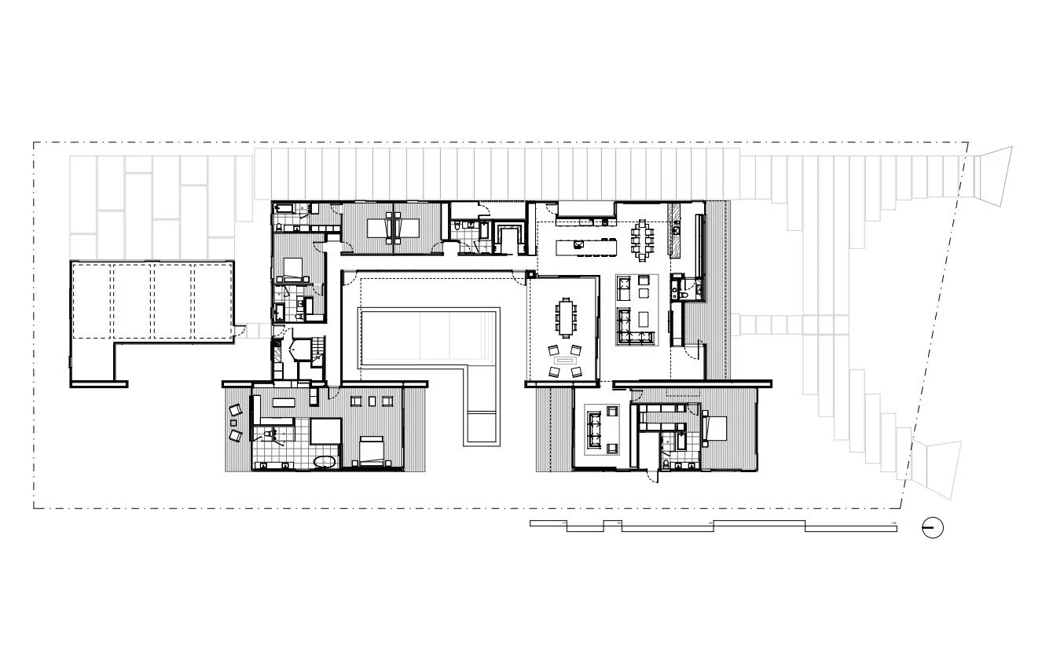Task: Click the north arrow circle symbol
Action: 933,528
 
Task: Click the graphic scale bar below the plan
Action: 712,526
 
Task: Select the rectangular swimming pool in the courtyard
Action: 429,338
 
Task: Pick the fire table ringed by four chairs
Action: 564,362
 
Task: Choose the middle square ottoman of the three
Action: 371,401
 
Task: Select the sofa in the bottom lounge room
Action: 595,429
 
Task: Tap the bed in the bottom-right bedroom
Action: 717,428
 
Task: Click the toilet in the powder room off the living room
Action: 676,291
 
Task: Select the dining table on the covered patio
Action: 566,316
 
